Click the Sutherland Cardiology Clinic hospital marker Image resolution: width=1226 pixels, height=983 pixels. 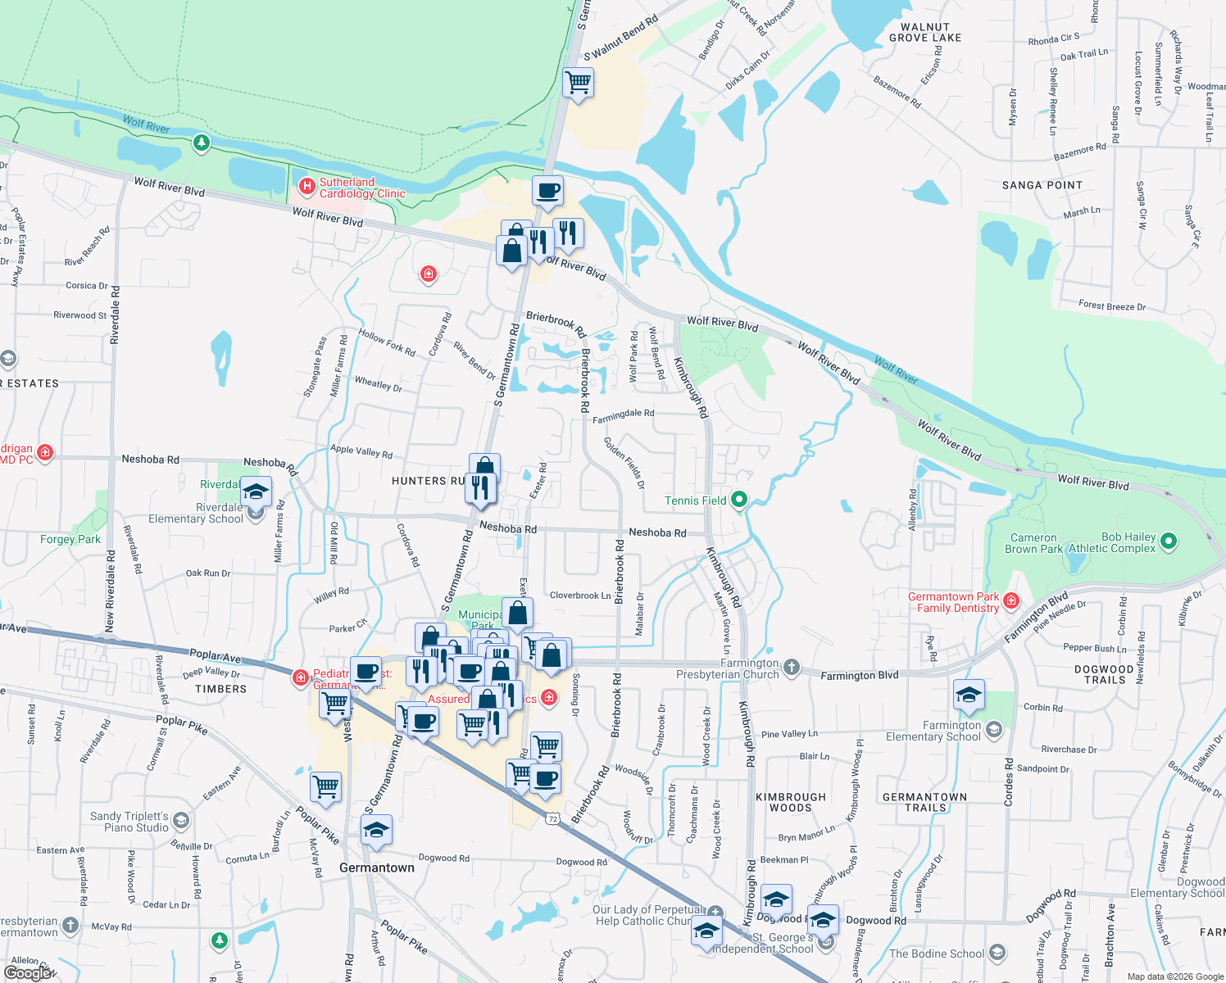click(307, 187)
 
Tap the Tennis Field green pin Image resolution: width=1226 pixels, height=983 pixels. click(739, 499)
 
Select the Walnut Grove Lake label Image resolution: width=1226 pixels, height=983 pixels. click(925, 33)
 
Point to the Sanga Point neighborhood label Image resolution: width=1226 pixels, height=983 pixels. click(1042, 185)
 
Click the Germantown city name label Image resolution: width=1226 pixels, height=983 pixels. click(377, 867)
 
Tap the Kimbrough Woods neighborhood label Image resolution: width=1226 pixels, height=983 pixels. click(790, 802)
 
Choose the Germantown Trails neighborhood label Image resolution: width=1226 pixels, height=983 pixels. click(924, 802)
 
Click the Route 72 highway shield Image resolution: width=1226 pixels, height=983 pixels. click(553, 818)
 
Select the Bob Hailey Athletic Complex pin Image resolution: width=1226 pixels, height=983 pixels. click(1169, 541)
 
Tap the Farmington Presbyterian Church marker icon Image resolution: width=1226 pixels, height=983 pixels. click(791, 667)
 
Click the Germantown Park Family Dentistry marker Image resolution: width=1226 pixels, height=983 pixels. click(1011, 601)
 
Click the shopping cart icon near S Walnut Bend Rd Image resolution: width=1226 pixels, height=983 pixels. click(579, 83)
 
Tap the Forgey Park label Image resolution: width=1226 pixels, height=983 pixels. click(70, 539)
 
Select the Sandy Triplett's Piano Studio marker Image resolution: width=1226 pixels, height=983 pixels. click(181, 820)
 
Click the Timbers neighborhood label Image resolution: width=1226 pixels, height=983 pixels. click(220, 689)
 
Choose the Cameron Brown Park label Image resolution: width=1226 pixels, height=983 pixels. click(1033, 543)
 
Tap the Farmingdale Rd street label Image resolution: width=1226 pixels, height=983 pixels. click(623, 415)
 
